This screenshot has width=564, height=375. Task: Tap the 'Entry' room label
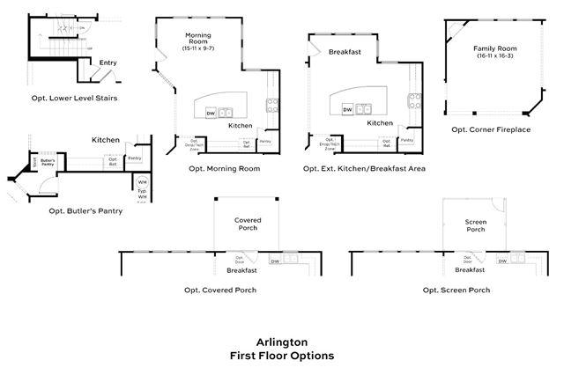(x=108, y=62)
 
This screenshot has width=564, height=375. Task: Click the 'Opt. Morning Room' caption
(x=225, y=168)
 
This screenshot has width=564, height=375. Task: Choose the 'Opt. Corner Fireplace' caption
(x=491, y=129)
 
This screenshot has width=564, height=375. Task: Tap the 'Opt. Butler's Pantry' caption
(x=85, y=211)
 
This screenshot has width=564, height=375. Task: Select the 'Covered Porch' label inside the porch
(x=248, y=224)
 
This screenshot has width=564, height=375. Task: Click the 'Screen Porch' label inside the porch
(x=475, y=224)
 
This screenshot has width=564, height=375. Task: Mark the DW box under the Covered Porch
(x=275, y=261)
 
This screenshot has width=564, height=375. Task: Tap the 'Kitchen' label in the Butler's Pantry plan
(x=106, y=140)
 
